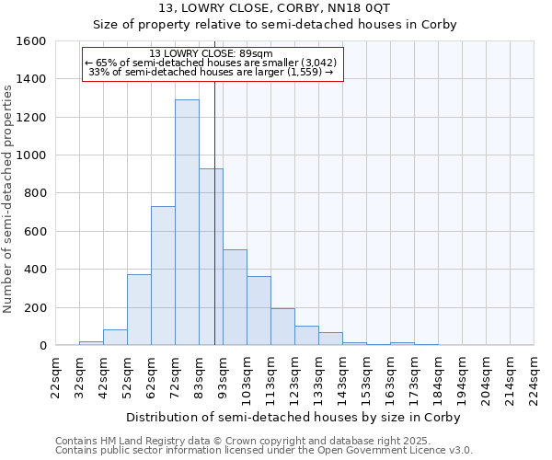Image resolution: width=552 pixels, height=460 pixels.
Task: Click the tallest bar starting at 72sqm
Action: click(x=187, y=223)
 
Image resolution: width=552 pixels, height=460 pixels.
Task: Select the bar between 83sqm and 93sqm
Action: click(x=211, y=258)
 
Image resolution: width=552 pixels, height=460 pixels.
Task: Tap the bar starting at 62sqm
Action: click(x=163, y=276)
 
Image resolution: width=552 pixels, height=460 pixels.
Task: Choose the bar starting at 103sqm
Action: click(x=259, y=311)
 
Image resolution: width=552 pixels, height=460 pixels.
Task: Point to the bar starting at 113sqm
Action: click(x=282, y=327)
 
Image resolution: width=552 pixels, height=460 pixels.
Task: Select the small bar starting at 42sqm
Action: click(x=115, y=338)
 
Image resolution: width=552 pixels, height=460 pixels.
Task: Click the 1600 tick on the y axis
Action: click(x=31, y=41)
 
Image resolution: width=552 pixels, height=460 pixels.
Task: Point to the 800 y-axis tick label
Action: click(x=35, y=193)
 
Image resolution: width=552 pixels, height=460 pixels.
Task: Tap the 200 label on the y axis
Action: click(x=35, y=307)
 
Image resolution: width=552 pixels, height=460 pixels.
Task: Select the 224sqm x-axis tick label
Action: click(x=534, y=379)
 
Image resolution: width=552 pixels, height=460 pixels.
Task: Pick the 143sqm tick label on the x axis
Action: click(x=342, y=379)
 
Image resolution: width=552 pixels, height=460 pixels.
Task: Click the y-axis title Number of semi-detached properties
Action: click(x=8, y=196)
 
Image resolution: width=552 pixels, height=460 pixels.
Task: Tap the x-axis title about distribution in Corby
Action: click(x=293, y=417)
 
